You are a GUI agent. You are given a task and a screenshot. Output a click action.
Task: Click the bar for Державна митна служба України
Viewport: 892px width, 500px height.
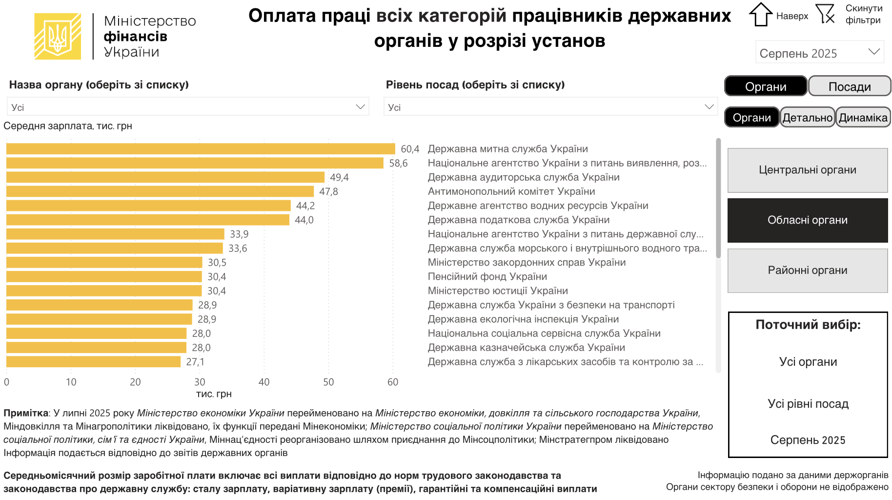click(x=200, y=149)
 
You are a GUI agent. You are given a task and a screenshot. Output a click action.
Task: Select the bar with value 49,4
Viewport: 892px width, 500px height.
click(x=165, y=177)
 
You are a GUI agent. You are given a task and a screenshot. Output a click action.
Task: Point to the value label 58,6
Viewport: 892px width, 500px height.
click(x=398, y=163)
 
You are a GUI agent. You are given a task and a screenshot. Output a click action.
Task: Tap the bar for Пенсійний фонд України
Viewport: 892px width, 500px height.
click(x=104, y=277)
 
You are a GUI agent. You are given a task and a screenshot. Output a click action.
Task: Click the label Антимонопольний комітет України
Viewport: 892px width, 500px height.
click(x=511, y=191)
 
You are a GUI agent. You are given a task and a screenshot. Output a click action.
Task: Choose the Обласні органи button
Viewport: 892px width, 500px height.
click(x=807, y=220)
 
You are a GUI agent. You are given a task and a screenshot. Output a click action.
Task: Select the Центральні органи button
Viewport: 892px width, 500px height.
click(x=807, y=170)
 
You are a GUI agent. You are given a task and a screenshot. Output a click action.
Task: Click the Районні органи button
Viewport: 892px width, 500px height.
click(x=807, y=271)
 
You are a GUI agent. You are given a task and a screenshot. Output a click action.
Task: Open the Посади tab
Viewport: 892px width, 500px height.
click(x=849, y=86)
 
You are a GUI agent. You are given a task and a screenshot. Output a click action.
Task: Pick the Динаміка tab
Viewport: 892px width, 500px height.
click(x=863, y=118)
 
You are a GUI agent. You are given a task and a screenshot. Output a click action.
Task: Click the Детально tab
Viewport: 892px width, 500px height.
click(x=807, y=118)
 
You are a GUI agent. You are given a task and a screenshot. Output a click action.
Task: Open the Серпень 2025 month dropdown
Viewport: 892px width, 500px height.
click(x=819, y=53)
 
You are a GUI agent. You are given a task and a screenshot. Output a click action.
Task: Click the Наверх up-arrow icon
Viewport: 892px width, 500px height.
click(x=760, y=15)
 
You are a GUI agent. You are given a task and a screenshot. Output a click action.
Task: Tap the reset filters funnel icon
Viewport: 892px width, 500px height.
click(x=825, y=14)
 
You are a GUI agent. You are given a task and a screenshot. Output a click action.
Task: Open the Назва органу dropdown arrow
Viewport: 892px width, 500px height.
click(x=361, y=107)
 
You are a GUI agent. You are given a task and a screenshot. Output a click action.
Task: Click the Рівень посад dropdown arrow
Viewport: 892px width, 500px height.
click(x=709, y=107)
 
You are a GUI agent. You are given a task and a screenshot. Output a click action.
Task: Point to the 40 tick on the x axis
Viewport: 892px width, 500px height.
click(x=264, y=382)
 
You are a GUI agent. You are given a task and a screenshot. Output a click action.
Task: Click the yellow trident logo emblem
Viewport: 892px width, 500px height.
click(x=58, y=37)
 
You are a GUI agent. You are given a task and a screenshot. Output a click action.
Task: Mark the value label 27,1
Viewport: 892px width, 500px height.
click(x=195, y=362)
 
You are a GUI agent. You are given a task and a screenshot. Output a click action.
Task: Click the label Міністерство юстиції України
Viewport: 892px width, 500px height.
click(x=498, y=291)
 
